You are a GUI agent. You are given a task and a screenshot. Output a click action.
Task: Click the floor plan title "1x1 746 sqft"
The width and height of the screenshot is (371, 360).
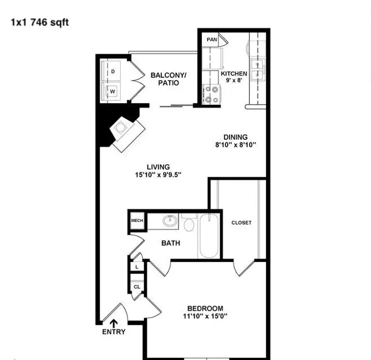click(40, 23)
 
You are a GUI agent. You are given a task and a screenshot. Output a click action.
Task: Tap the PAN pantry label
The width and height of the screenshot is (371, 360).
click(212, 39)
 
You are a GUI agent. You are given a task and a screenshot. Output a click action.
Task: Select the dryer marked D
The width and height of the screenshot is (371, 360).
click(111, 71)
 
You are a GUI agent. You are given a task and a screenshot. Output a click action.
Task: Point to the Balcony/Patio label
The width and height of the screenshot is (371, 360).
click(169, 79)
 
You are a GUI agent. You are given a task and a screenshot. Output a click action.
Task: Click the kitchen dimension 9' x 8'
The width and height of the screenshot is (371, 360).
click(234, 80)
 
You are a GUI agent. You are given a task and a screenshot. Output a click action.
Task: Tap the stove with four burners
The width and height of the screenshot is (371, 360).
click(211, 94)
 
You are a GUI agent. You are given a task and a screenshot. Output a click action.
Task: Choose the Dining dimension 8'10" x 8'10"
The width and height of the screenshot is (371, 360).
click(236, 144)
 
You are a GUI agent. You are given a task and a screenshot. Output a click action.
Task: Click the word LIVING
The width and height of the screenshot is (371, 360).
click(158, 167)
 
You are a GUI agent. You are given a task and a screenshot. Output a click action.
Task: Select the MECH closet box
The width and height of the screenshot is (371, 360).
click(137, 221)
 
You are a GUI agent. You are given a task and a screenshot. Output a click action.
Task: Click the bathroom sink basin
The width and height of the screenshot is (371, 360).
click(170, 221)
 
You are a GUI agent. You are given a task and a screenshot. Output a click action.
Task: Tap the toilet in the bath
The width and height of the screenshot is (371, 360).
click(188, 222)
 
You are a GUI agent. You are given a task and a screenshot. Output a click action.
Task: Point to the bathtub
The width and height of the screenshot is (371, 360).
click(209, 236)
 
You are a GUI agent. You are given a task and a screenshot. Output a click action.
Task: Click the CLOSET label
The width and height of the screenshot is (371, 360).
click(241, 223)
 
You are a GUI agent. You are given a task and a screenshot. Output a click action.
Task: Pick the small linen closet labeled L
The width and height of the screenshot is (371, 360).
click(137, 267)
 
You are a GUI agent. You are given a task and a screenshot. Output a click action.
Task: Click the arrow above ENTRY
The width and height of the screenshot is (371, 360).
click(114, 323)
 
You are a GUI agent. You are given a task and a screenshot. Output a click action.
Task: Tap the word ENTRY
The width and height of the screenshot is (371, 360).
click(114, 332)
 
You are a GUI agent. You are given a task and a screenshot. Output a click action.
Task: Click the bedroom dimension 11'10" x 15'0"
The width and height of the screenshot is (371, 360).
click(205, 316)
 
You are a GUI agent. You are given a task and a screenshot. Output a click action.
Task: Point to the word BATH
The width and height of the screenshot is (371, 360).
click(170, 243)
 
